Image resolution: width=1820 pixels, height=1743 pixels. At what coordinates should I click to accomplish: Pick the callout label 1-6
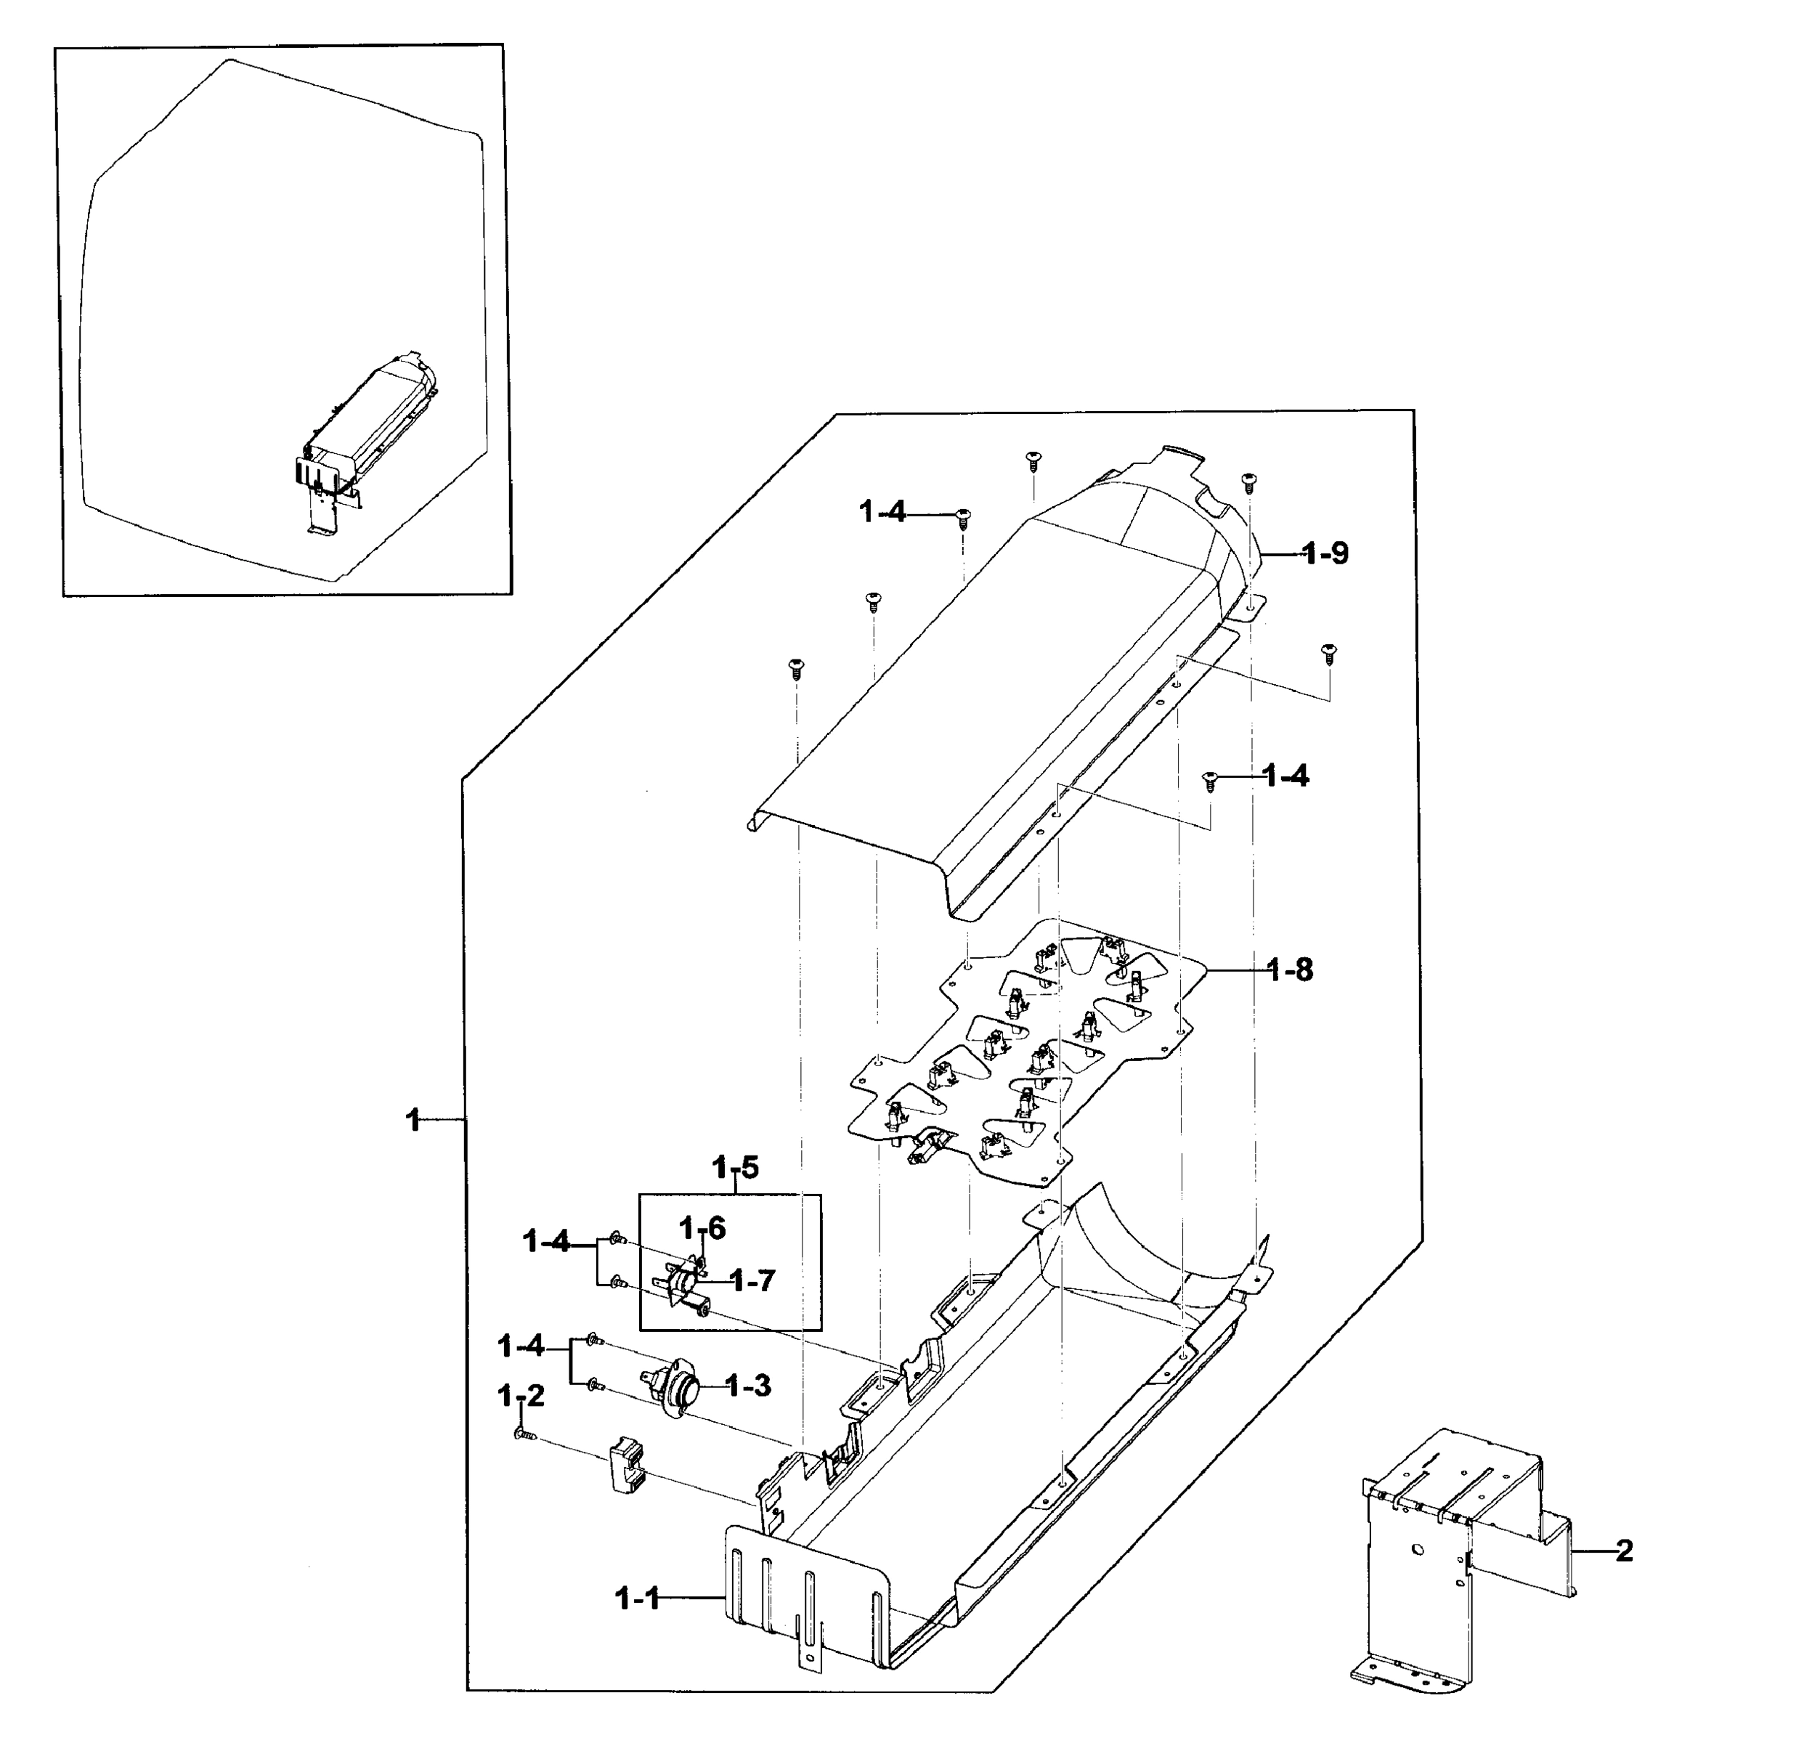(x=702, y=1229)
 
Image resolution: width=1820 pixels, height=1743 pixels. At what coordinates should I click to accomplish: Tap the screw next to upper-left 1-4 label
(x=963, y=516)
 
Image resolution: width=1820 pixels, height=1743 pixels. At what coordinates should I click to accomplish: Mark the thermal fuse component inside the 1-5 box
(x=687, y=1285)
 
